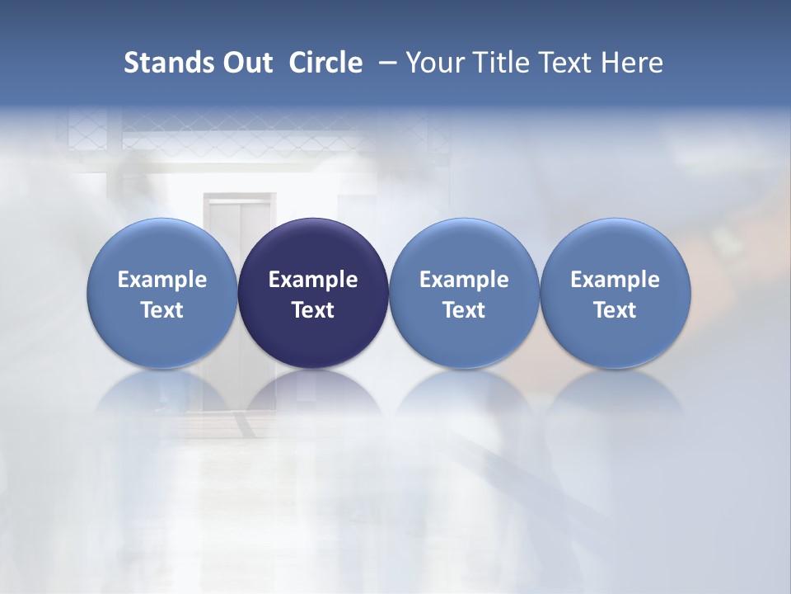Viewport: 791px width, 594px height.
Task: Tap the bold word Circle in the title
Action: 325,63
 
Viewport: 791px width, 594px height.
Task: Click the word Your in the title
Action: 433,63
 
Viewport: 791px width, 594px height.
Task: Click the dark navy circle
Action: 313,247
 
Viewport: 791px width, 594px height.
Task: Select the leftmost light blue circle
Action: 162,247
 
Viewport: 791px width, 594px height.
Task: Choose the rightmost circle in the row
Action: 615,247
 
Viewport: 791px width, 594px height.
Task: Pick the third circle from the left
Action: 464,247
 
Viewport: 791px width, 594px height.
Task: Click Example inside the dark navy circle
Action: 313,280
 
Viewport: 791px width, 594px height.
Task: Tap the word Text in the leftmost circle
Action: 162,310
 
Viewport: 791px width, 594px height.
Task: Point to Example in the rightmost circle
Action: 615,280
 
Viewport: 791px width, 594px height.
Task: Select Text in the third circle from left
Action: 464,310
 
